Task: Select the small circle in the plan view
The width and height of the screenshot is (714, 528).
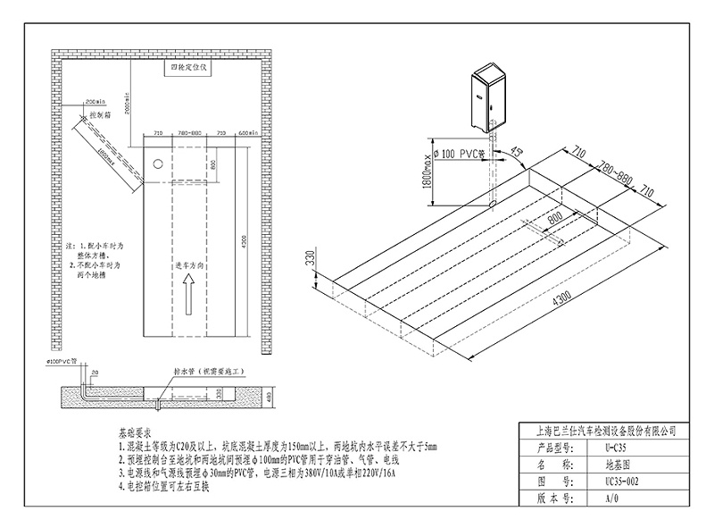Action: (x=156, y=164)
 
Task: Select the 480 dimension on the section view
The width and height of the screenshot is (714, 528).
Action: (x=272, y=396)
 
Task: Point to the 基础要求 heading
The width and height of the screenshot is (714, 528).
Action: (x=135, y=431)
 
